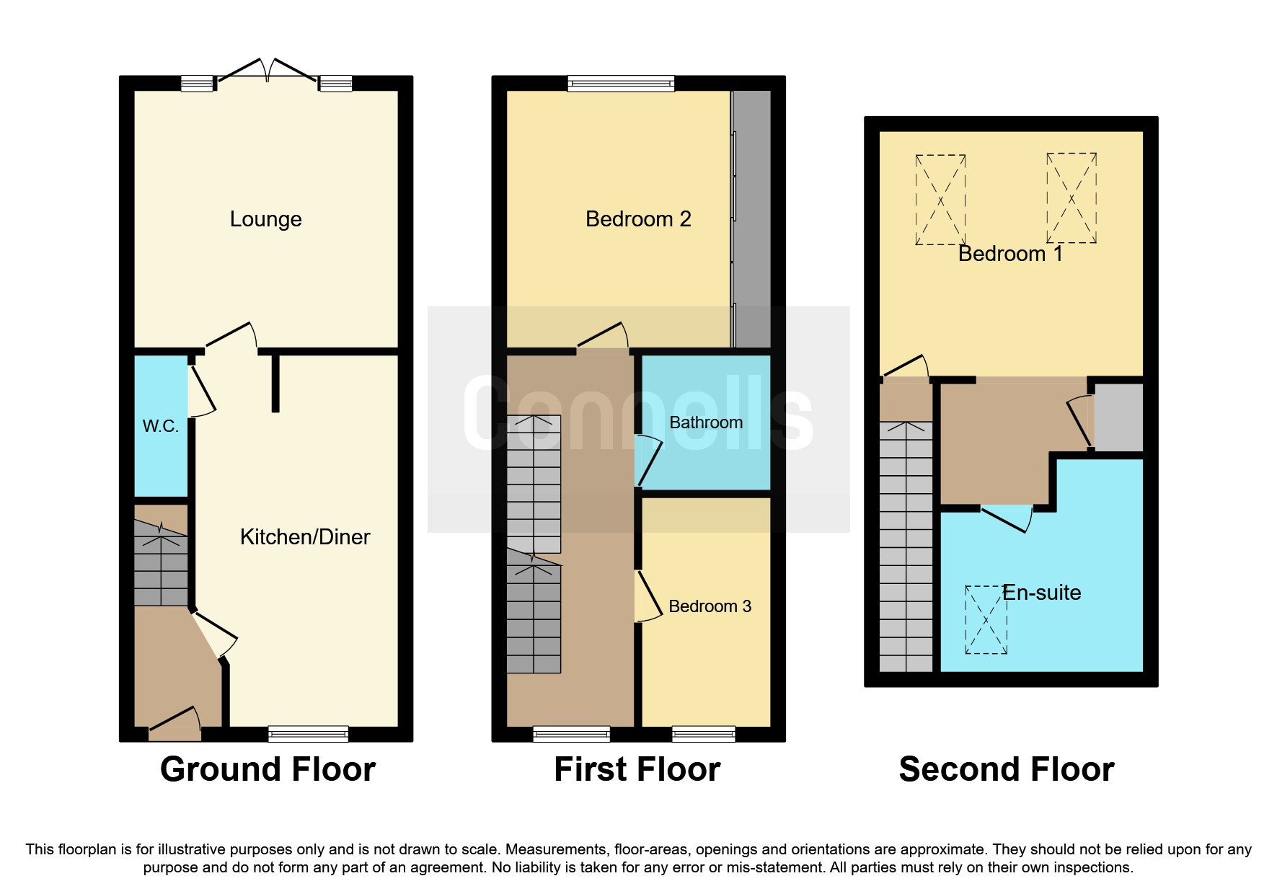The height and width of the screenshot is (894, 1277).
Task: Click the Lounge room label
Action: coord(265,219)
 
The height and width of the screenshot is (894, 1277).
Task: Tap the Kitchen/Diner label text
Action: coord(304,537)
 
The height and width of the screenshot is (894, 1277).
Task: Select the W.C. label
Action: coord(160,426)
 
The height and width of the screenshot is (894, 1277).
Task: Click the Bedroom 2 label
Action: coord(638,219)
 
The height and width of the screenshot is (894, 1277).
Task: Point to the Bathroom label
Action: coord(706,422)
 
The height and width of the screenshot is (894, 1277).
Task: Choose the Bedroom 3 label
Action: coord(710,606)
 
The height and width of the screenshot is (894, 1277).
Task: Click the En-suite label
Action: coord(1041,593)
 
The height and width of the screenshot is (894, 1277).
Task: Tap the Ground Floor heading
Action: coord(268,769)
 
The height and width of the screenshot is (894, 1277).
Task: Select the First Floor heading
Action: coord(637,769)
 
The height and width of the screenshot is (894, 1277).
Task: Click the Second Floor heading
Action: coord(1007,769)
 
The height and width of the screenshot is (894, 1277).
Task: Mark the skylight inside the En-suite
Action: coord(986,620)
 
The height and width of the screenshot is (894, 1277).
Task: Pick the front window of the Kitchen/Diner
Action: coord(308,734)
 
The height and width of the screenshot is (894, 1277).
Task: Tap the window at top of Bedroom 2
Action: coord(621,84)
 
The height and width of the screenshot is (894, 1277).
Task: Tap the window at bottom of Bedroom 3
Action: coord(703,734)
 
